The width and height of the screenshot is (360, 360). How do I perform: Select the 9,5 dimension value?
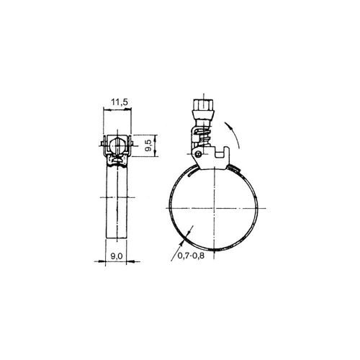click(x=148, y=145)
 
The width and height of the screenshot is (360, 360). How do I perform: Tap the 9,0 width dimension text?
click(x=117, y=256)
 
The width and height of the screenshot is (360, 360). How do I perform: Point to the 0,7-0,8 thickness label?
click(x=191, y=256)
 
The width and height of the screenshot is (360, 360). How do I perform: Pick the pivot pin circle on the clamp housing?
click(x=198, y=154)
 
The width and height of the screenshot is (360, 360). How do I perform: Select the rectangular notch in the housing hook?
click(x=220, y=154)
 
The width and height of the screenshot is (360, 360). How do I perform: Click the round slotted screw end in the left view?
click(x=117, y=145)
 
